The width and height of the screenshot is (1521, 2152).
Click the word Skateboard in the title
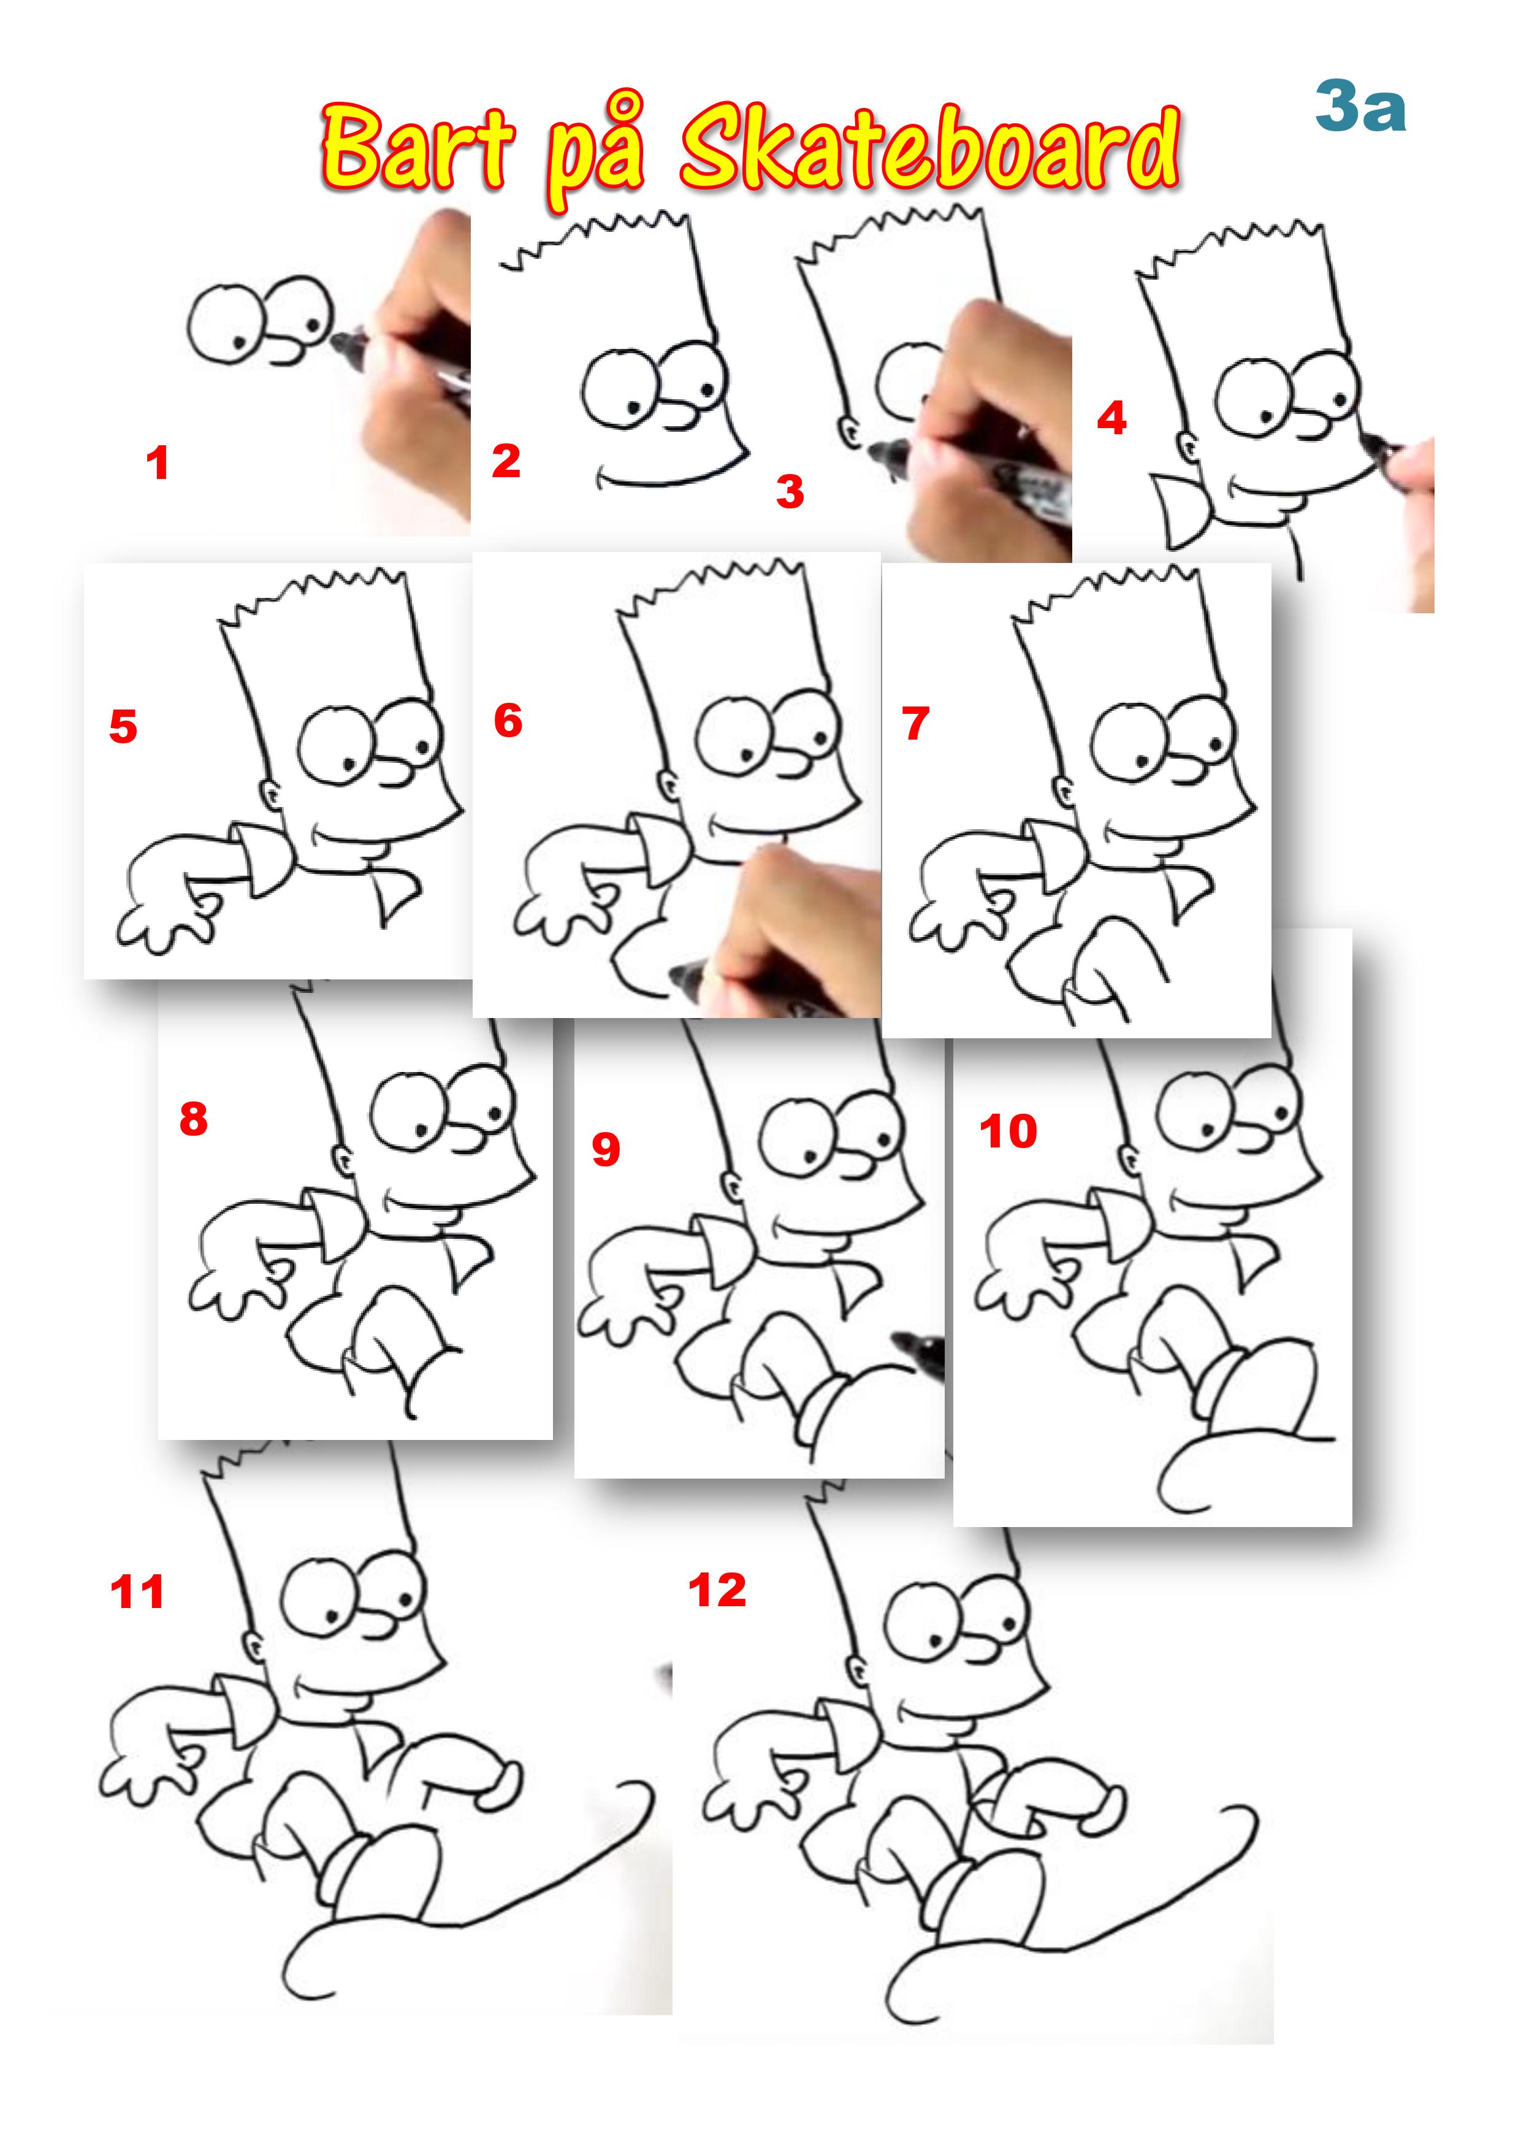929,147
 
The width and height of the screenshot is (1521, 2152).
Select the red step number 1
158,463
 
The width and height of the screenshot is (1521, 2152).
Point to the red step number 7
915,724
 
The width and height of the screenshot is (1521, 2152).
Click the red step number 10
1008,1132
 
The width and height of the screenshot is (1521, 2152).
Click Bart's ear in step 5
270,796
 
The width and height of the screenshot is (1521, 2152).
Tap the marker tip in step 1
343,344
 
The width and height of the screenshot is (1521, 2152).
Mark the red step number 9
606,1149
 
